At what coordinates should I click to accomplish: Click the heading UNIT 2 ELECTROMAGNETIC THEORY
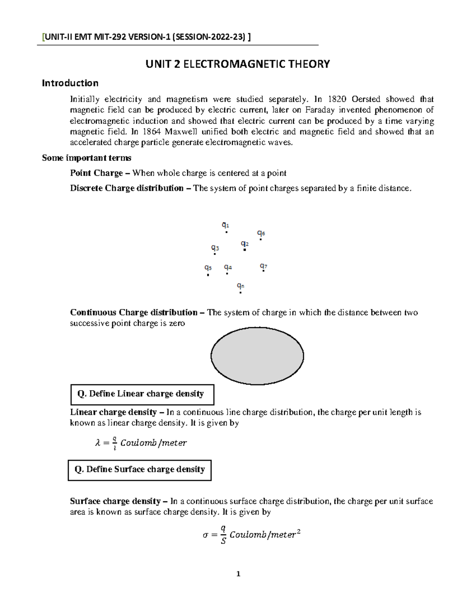point(238,64)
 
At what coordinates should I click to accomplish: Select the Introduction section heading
point(70,83)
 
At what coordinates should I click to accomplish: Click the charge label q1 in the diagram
point(225,225)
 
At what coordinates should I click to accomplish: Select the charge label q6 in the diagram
point(261,233)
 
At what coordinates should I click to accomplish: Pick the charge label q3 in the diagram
point(215,248)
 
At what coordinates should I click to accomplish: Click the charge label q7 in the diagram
point(263,266)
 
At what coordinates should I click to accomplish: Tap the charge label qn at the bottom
point(240,286)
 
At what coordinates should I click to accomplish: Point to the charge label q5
point(207,268)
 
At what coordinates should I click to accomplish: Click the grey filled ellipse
point(257,356)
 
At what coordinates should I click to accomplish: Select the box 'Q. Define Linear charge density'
point(142,394)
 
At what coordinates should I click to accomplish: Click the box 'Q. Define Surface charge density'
point(140,470)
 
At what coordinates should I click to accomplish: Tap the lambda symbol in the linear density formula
point(98,443)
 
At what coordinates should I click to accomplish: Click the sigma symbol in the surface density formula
point(205,535)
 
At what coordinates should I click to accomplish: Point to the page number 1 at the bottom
point(238,574)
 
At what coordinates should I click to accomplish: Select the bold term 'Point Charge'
point(96,173)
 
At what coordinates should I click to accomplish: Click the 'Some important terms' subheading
point(86,158)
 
